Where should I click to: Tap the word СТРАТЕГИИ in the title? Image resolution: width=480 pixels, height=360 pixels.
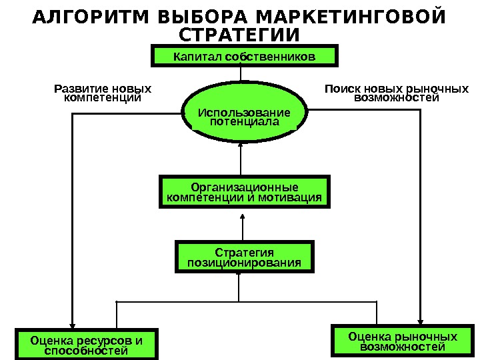coord(240,34)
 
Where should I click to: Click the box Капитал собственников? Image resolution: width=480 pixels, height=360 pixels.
coord(245,57)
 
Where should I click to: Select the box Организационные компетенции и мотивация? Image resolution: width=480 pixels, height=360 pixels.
coord(245,192)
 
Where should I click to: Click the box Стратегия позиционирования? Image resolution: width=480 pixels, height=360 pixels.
coord(245,258)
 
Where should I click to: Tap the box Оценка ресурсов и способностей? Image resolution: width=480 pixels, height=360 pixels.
coord(87,345)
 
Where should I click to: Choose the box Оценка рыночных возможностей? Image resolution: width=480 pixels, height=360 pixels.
coord(403,341)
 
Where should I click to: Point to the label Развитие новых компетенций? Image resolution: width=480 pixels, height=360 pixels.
coord(102,93)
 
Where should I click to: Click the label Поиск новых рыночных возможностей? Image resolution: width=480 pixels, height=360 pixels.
coord(397,93)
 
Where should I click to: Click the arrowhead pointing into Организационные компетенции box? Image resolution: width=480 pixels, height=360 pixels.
coord(242,215)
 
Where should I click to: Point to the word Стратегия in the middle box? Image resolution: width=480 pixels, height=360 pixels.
coord(245,253)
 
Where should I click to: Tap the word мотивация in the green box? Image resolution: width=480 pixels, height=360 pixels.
coord(294,198)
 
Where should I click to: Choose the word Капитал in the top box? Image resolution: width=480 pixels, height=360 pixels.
coord(198,57)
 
